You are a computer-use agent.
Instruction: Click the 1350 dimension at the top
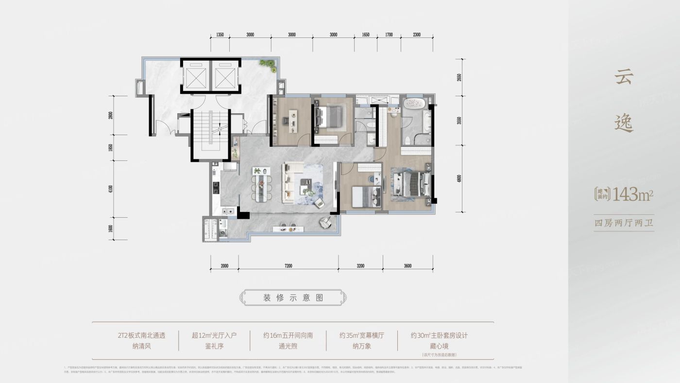pos(220,35)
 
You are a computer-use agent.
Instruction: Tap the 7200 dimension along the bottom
pos(288,266)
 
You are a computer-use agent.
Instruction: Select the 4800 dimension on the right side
pos(459,178)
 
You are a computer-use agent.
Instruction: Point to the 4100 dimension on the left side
pos(111,189)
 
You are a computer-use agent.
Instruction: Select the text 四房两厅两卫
pos(624,224)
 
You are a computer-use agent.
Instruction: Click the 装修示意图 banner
pos(294,298)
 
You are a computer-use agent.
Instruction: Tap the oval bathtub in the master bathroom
pos(414,104)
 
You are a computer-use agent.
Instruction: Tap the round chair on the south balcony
pos(324,223)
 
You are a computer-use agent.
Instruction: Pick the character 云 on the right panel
pos(624,76)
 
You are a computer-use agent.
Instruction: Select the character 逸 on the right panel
pos(624,123)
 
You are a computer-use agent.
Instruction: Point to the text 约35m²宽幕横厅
pos(362,335)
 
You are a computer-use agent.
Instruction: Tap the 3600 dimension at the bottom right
pos(408,266)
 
